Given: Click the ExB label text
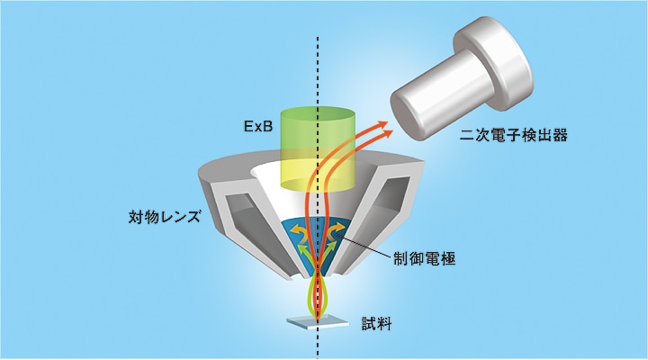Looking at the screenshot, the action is pos(258,126).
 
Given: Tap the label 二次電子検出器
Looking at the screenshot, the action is pos(514,135).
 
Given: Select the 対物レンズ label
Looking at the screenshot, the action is pos(165,217).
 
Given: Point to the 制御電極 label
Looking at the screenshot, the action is pos(425,259).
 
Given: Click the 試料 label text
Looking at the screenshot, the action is pos(376,324).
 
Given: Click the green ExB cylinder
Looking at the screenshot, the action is pos(318,149).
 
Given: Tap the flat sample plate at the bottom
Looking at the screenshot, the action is pos(318,321).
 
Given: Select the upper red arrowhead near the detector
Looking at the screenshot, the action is pos(382,124).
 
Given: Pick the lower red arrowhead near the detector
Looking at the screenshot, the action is pos(386,133).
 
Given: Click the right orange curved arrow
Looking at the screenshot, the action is pos(337,230).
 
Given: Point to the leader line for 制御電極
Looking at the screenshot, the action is pos(363,246).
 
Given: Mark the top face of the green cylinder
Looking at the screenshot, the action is pos(318,114).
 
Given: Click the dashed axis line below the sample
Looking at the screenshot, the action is pos(318,342).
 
